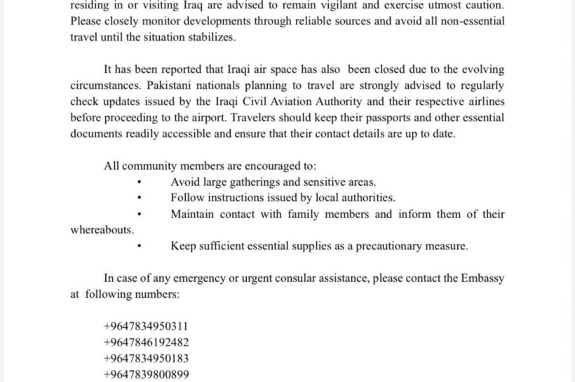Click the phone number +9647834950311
coord(145,327)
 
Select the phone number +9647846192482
coord(145,343)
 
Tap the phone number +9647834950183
coord(145,358)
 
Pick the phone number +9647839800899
coord(145,374)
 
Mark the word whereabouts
coord(102,230)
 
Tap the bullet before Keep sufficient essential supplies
coord(140,247)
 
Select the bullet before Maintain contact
coord(140,214)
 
